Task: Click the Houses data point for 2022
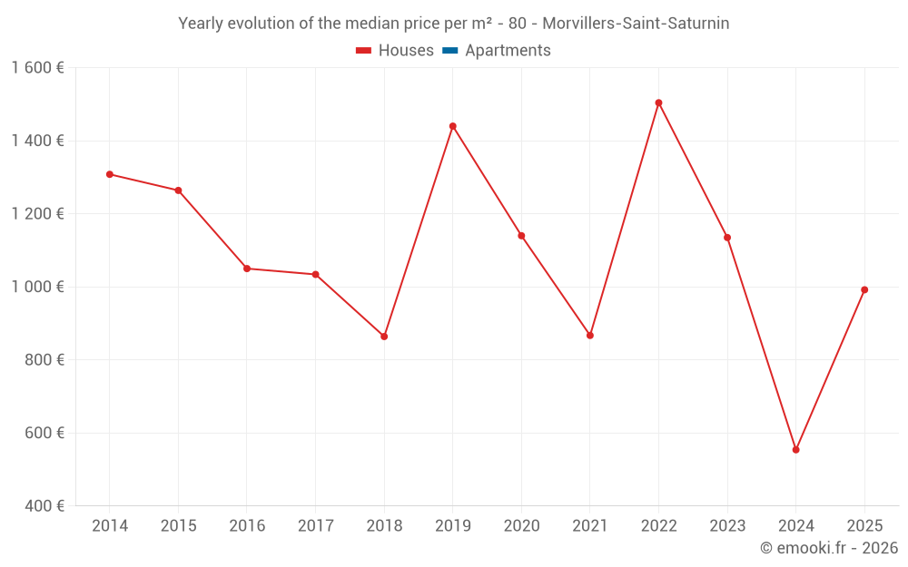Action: (x=658, y=103)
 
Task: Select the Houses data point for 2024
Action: (x=795, y=450)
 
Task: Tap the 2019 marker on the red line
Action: (x=452, y=126)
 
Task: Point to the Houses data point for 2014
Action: (x=110, y=174)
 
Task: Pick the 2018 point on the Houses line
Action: (x=384, y=337)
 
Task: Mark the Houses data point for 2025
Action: (x=864, y=290)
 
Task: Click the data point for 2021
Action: (x=590, y=336)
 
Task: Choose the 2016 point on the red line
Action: (x=247, y=269)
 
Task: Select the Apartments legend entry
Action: (x=508, y=51)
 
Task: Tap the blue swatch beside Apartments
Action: (x=449, y=51)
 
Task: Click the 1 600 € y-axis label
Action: (x=38, y=68)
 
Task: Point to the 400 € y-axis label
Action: (x=44, y=506)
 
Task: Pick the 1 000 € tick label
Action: (x=38, y=287)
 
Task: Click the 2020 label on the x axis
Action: (x=521, y=526)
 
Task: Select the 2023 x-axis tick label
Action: (x=727, y=526)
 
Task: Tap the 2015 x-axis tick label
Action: (x=178, y=526)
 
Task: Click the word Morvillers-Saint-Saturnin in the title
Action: (x=636, y=24)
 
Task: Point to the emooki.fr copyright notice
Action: (x=829, y=548)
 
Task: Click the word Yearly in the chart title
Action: (x=201, y=24)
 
